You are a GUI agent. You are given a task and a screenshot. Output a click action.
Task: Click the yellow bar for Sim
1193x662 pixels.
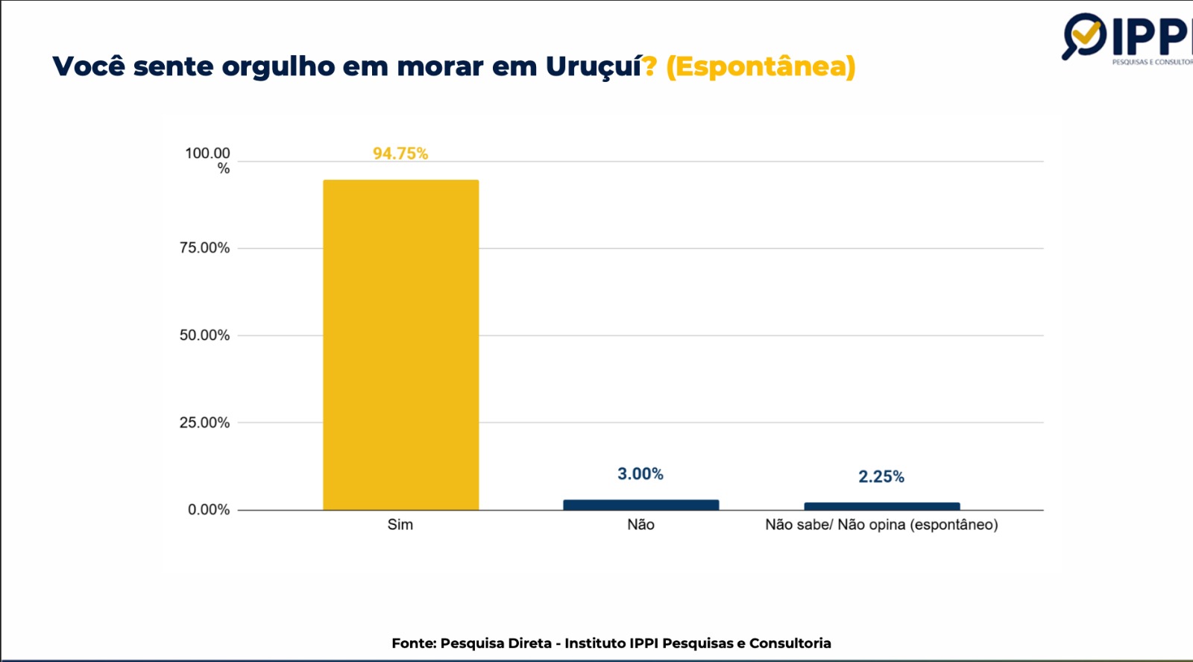(x=400, y=344)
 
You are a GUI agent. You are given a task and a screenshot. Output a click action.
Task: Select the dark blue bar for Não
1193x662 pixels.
(x=640, y=505)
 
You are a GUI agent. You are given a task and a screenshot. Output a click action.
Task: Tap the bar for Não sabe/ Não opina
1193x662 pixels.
(x=881, y=506)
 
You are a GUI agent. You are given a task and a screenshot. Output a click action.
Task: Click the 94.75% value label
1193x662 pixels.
(x=400, y=154)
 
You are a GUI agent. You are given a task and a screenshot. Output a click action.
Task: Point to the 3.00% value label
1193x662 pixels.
(x=640, y=474)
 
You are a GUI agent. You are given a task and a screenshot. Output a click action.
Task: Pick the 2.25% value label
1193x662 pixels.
(x=881, y=477)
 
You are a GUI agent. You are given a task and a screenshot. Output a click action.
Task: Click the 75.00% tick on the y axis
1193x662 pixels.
(x=204, y=248)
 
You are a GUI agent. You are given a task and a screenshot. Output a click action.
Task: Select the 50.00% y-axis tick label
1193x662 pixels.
(x=204, y=335)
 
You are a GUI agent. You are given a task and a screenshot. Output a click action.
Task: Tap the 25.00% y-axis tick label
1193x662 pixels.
(x=204, y=423)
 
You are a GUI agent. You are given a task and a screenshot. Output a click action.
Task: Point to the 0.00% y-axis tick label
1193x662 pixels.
(x=209, y=510)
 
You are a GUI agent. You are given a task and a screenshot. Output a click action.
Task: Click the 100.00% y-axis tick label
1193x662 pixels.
(x=208, y=160)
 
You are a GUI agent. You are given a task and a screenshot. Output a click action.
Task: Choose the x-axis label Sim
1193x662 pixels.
(x=400, y=525)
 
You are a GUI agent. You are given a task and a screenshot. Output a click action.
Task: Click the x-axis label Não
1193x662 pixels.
(x=640, y=525)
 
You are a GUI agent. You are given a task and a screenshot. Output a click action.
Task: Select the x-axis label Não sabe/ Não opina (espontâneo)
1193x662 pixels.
(x=881, y=525)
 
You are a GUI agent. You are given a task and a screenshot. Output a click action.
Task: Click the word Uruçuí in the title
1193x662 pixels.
(x=594, y=66)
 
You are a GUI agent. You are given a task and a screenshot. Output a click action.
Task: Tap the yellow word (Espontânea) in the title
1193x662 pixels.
(x=761, y=67)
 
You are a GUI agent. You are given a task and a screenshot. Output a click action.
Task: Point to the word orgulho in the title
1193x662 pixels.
(x=278, y=67)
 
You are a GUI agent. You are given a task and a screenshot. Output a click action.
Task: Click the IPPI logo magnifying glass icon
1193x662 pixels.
(x=1083, y=36)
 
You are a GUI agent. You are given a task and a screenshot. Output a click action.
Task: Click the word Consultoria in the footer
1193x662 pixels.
(x=790, y=643)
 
